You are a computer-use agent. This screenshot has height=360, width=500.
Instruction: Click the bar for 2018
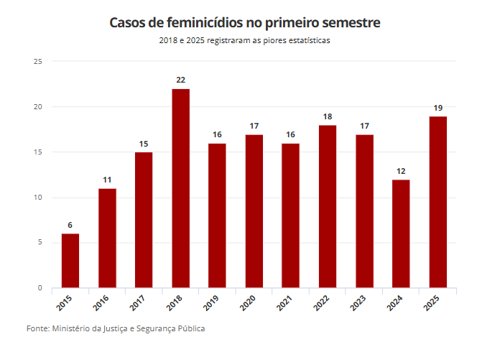tap(181, 188)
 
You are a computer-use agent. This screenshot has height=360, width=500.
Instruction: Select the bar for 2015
tap(70, 261)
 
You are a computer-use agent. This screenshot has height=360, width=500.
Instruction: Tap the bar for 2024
tap(401, 234)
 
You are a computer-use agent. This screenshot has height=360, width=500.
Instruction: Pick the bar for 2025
tap(437, 202)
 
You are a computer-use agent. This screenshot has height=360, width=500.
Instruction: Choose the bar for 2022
tap(328, 207)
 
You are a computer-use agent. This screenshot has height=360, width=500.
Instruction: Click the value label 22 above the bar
tap(181, 80)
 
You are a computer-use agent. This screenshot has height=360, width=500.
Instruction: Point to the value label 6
tap(70, 225)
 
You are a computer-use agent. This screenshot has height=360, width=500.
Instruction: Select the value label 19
tap(437, 108)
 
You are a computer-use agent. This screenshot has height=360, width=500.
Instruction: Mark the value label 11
tap(107, 180)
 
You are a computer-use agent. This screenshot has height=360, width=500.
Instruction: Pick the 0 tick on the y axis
tap(40, 288)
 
